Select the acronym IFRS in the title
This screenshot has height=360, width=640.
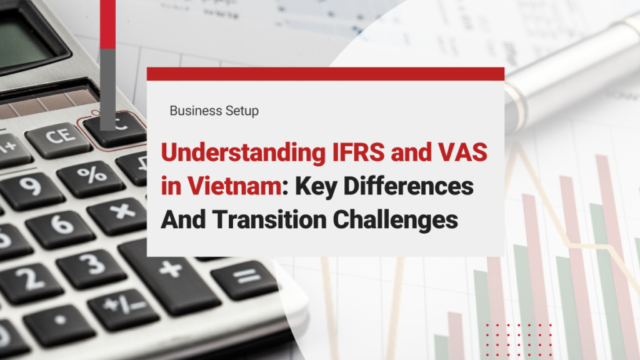[x=359, y=152]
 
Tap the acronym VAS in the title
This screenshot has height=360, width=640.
[x=463, y=152]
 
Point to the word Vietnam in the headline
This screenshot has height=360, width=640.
[x=234, y=186]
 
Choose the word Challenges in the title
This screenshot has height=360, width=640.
[x=396, y=221]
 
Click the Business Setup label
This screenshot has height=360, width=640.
[x=214, y=111]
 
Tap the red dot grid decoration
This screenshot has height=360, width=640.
[x=519, y=339]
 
